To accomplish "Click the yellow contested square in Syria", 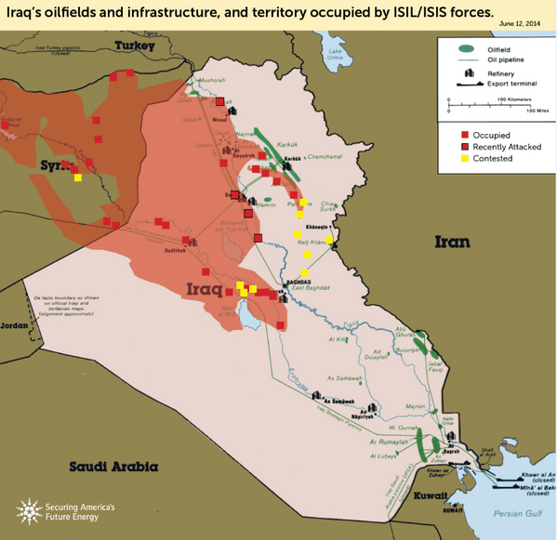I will click(x=78, y=177).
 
